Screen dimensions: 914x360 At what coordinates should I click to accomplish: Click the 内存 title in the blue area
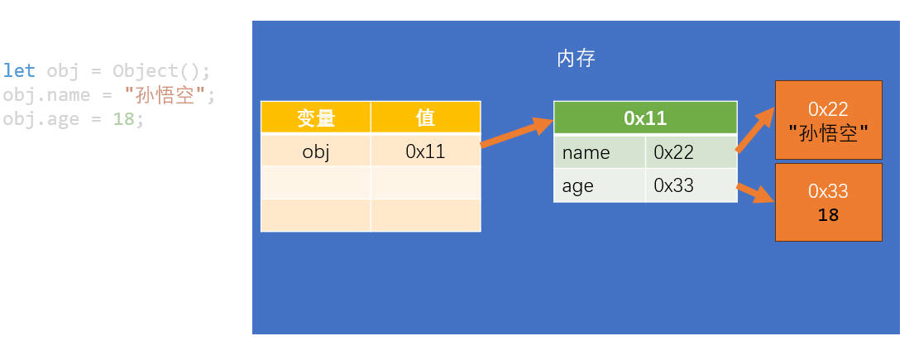(576, 59)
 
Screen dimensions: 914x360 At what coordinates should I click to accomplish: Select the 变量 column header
(316, 118)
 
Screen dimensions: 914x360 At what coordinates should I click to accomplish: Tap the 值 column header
(425, 118)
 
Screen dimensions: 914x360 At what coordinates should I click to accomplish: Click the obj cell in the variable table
(316, 151)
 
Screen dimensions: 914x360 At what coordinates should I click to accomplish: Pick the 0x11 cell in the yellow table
(425, 151)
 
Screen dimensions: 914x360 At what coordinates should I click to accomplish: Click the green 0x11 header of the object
(645, 118)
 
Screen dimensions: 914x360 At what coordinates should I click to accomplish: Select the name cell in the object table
(600, 152)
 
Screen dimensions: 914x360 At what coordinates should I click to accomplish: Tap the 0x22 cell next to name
(691, 152)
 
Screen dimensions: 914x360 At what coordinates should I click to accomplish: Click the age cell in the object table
(600, 185)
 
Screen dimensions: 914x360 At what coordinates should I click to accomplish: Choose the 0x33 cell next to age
(691, 185)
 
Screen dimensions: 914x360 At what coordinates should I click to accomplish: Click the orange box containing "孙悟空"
(828, 120)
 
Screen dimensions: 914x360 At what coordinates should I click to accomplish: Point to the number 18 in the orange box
(828, 215)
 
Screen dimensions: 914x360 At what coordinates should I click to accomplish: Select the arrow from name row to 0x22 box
(755, 130)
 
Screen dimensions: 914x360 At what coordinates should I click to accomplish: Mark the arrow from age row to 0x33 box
(756, 193)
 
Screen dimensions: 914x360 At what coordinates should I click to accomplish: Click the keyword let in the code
(19, 70)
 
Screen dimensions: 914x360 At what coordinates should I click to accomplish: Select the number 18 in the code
(123, 118)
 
